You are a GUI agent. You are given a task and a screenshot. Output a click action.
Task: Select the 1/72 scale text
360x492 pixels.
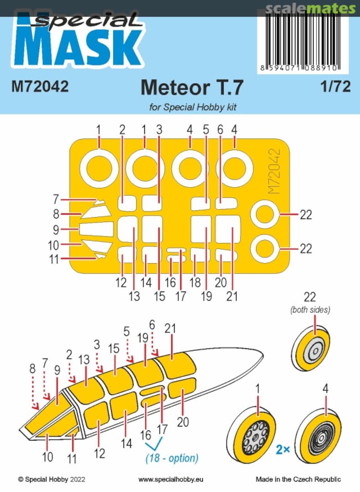click(x=334, y=87)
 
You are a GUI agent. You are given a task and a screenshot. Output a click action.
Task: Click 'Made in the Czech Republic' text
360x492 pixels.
click(x=298, y=479)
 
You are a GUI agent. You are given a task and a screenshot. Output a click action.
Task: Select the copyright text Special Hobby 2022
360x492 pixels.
click(x=51, y=479)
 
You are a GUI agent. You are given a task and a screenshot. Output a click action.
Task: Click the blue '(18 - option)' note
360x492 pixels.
click(x=172, y=458)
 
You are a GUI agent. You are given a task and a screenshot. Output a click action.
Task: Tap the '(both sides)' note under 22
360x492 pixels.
click(x=310, y=310)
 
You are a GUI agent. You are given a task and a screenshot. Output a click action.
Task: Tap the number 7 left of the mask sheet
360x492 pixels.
click(x=56, y=199)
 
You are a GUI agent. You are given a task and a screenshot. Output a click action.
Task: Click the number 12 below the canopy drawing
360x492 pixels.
click(x=99, y=453)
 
